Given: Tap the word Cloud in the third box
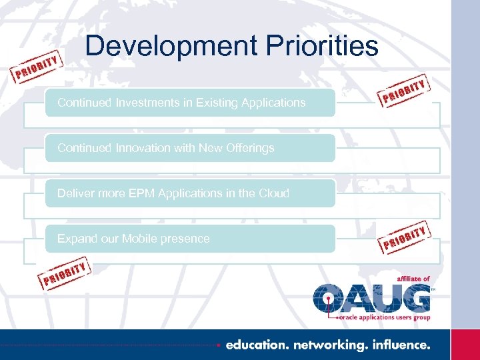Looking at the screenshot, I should (x=273, y=193).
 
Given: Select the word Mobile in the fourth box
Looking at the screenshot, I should (x=142, y=239).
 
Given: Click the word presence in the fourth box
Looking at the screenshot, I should (x=186, y=239).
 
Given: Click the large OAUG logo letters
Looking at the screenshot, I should (x=372, y=297).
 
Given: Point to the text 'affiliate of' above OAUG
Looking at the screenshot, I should (x=413, y=279).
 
